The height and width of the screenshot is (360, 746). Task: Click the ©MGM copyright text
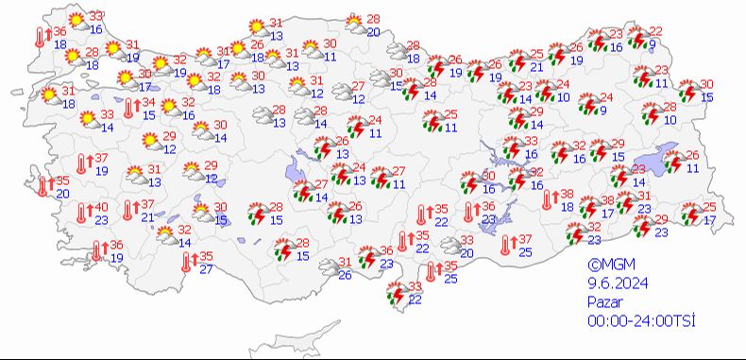[606, 266]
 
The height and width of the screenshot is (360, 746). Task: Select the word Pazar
[604, 301]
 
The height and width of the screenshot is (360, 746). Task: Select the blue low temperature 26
[345, 275]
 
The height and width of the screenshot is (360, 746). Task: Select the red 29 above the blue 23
[662, 220]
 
